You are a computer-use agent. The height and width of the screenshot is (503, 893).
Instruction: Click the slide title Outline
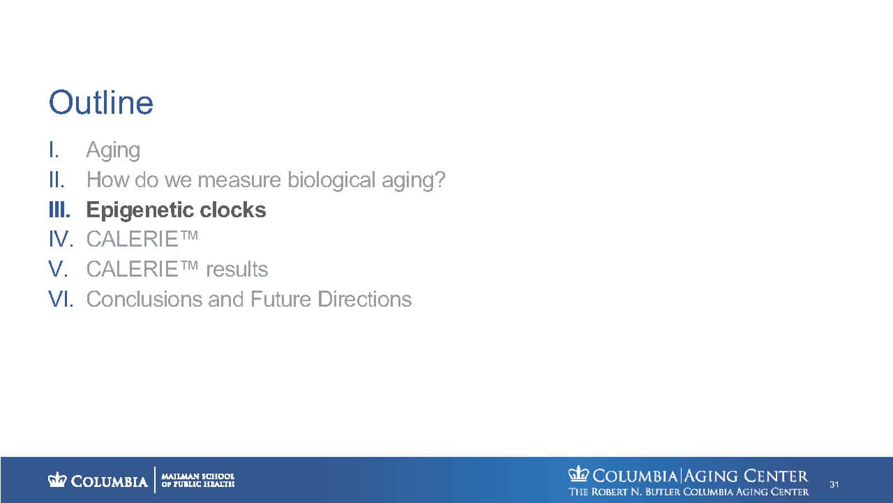click(101, 103)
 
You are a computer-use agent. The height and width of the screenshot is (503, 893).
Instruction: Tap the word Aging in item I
click(113, 151)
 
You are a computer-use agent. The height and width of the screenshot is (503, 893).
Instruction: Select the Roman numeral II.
click(57, 180)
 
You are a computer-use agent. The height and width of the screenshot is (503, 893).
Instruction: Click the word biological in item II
click(331, 180)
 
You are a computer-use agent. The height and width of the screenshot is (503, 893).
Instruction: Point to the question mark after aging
click(440, 180)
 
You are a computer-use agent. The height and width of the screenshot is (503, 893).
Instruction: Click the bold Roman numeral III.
click(60, 210)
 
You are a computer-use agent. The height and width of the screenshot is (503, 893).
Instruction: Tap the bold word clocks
click(233, 210)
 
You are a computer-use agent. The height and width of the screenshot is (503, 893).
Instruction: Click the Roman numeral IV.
click(61, 239)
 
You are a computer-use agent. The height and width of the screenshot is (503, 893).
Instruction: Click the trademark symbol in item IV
click(188, 235)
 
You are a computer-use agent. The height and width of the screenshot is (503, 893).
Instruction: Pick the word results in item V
click(237, 270)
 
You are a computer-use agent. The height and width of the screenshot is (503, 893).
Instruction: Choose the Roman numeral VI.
click(61, 299)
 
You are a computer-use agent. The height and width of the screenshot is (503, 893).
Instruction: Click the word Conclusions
click(144, 299)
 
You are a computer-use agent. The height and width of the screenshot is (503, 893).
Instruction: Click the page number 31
click(834, 485)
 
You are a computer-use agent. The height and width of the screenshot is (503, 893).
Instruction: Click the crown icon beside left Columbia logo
click(57, 479)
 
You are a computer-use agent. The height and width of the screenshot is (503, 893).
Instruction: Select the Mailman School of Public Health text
click(197, 480)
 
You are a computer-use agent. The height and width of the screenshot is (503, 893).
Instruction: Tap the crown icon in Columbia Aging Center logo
click(578, 474)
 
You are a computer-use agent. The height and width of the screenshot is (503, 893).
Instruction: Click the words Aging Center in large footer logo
click(746, 476)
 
